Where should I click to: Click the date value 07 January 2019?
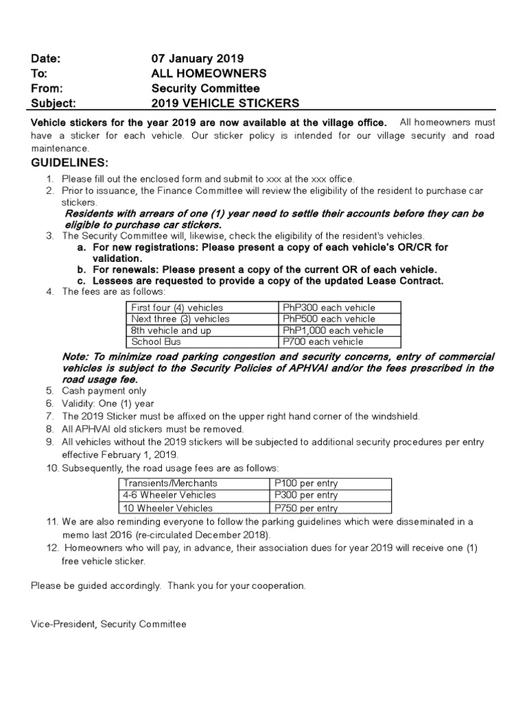pos(197,58)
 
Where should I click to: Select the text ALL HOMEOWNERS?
pos(209,73)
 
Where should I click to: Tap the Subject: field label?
pos(54,104)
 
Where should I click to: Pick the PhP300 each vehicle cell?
pos(329,308)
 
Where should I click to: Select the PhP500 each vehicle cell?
pos(329,319)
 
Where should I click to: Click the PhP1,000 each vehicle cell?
pos(333,330)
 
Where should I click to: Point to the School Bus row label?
pos(156,341)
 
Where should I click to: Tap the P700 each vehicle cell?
pos(323,341)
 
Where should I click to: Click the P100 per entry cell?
pos(306,483)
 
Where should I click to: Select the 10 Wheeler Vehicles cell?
pos(167,508)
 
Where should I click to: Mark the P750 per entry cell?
pos(306,508)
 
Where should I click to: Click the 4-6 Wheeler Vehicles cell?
pos(169,495)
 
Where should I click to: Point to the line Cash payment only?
pos(104,391)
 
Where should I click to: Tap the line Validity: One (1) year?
pos(108,404)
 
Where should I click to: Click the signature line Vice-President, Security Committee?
pos(108,624)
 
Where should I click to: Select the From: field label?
pos(47,88)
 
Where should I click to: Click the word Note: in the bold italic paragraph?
pos(75,357)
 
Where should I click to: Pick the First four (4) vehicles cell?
pos(177,308)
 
